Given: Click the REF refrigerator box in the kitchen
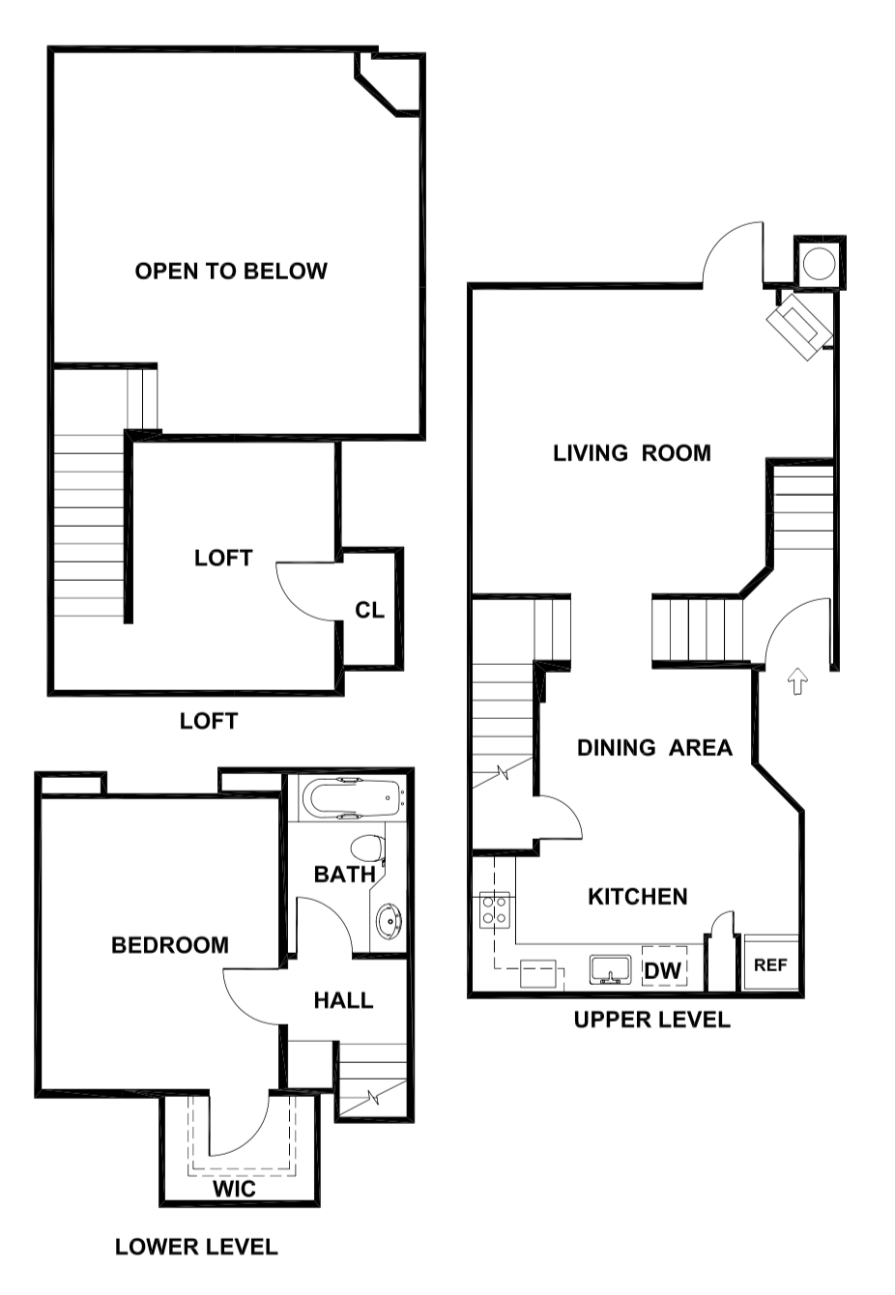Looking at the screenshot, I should point(770,964).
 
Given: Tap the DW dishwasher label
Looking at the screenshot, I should point(663,969).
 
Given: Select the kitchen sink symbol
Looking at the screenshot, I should point(610,969).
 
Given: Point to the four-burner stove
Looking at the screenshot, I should point(496,909).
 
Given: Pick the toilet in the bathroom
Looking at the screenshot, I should point(366,849).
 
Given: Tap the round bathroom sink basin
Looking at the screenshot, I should point(389,921).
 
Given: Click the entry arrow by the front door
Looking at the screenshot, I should point(796,681).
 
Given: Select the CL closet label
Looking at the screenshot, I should point(369,611).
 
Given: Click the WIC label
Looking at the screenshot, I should point(235,1189).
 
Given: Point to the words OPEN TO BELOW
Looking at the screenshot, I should point(231,272).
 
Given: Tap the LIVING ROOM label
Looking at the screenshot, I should point(632,453).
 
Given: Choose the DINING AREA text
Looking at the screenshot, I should point(654,748).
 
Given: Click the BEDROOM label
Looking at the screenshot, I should point(170,945).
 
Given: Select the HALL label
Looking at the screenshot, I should point(343,1000).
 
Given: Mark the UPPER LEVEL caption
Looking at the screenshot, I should point(651,1020).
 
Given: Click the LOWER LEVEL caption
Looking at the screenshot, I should point(196,1248).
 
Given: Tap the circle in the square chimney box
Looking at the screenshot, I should point(820,263).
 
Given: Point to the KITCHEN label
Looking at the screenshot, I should point(638,897).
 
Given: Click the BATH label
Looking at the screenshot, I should point(345,875).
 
